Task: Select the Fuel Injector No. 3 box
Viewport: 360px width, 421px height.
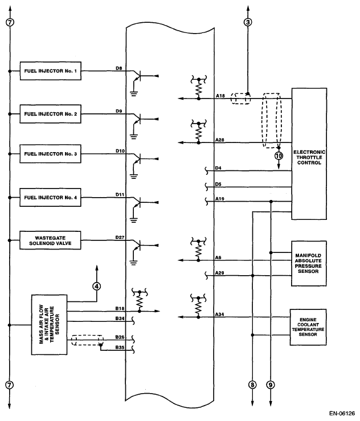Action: [x=51, y=154]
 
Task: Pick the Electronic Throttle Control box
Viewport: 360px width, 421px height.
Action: [x=309, y=154]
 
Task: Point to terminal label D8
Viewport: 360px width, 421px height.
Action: [x=119, y=68]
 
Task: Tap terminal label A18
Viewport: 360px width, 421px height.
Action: [x=220, y=96]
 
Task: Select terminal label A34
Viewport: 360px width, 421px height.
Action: [x=220, y=313]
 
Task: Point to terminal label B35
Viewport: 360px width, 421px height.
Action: [x=120, y=346]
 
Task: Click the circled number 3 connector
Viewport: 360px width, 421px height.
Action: [x=247, y=22]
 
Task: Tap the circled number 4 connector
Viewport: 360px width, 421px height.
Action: [x=97, y=285]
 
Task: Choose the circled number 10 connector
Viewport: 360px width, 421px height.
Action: [x=279, y=155]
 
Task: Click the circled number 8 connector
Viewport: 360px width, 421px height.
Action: [x=252, y=385]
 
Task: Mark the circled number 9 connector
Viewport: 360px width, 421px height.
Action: [x=271, y=385]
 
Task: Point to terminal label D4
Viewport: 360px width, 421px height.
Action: [x=219, y=168]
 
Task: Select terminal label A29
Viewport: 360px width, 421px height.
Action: [x=220, y=273]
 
